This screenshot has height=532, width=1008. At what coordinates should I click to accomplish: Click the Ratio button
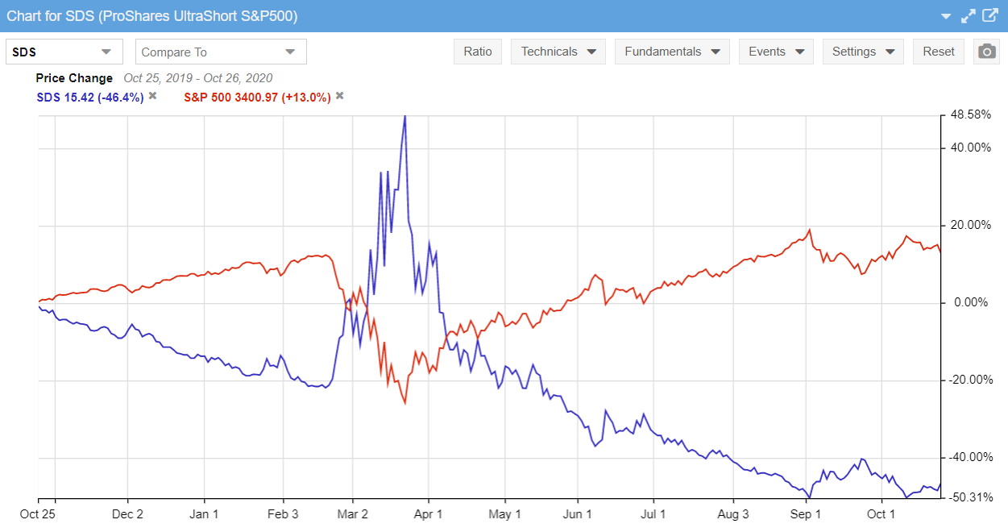tap(478, 52)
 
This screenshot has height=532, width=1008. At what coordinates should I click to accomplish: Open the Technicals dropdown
tap(558, 52)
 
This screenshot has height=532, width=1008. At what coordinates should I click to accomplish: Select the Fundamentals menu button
tap(672, 52)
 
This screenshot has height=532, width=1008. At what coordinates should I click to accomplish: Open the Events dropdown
tap(776, 52)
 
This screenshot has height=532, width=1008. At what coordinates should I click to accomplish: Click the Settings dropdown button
tap(863, 52)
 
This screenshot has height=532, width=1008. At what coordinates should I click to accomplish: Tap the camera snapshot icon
tap(986, 52)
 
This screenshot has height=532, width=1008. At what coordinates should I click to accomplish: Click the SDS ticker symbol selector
tap(64, 52)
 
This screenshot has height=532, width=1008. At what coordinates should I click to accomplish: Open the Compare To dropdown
tap(221, 52)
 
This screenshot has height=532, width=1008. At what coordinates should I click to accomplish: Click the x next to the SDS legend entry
tap(152, 96)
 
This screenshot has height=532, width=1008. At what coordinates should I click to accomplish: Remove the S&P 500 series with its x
tap(339, 96)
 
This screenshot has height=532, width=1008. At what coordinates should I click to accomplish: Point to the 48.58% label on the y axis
tap(970, 114)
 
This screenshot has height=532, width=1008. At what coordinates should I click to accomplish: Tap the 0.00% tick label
tap(972, 303)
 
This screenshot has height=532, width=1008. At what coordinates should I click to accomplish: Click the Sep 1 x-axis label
tap(807, 514)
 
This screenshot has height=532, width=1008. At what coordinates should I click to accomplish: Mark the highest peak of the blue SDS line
tap(404, 116)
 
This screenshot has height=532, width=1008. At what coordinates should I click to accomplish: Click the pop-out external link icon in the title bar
tap(990, 16)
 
